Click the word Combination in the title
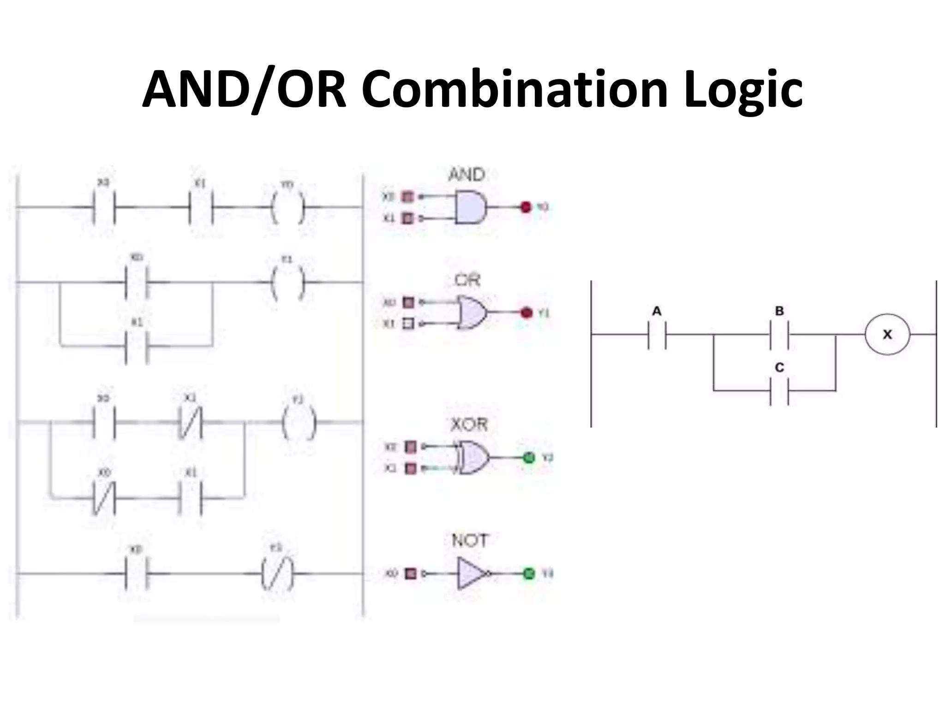click(x=515, y=88)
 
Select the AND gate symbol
click(x=470, y=207)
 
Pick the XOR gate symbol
click(x=472, y=458)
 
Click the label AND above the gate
click(x=467, y=175)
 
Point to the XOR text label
click(x=469, y=425)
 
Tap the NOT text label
click(x=469, y=540)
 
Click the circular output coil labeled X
click(x=887, y=334)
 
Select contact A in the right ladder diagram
click(x=657, y=334)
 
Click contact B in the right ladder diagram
click(x=779, y=334)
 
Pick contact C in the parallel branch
click(x=779, y=391)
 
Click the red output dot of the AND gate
click(x=526, y=207)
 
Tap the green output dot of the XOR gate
click(x=529, y=458)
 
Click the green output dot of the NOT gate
click(x=528, y=574)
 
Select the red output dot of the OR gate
click(x=526, y=313)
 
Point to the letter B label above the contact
click(x=779, y=311)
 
